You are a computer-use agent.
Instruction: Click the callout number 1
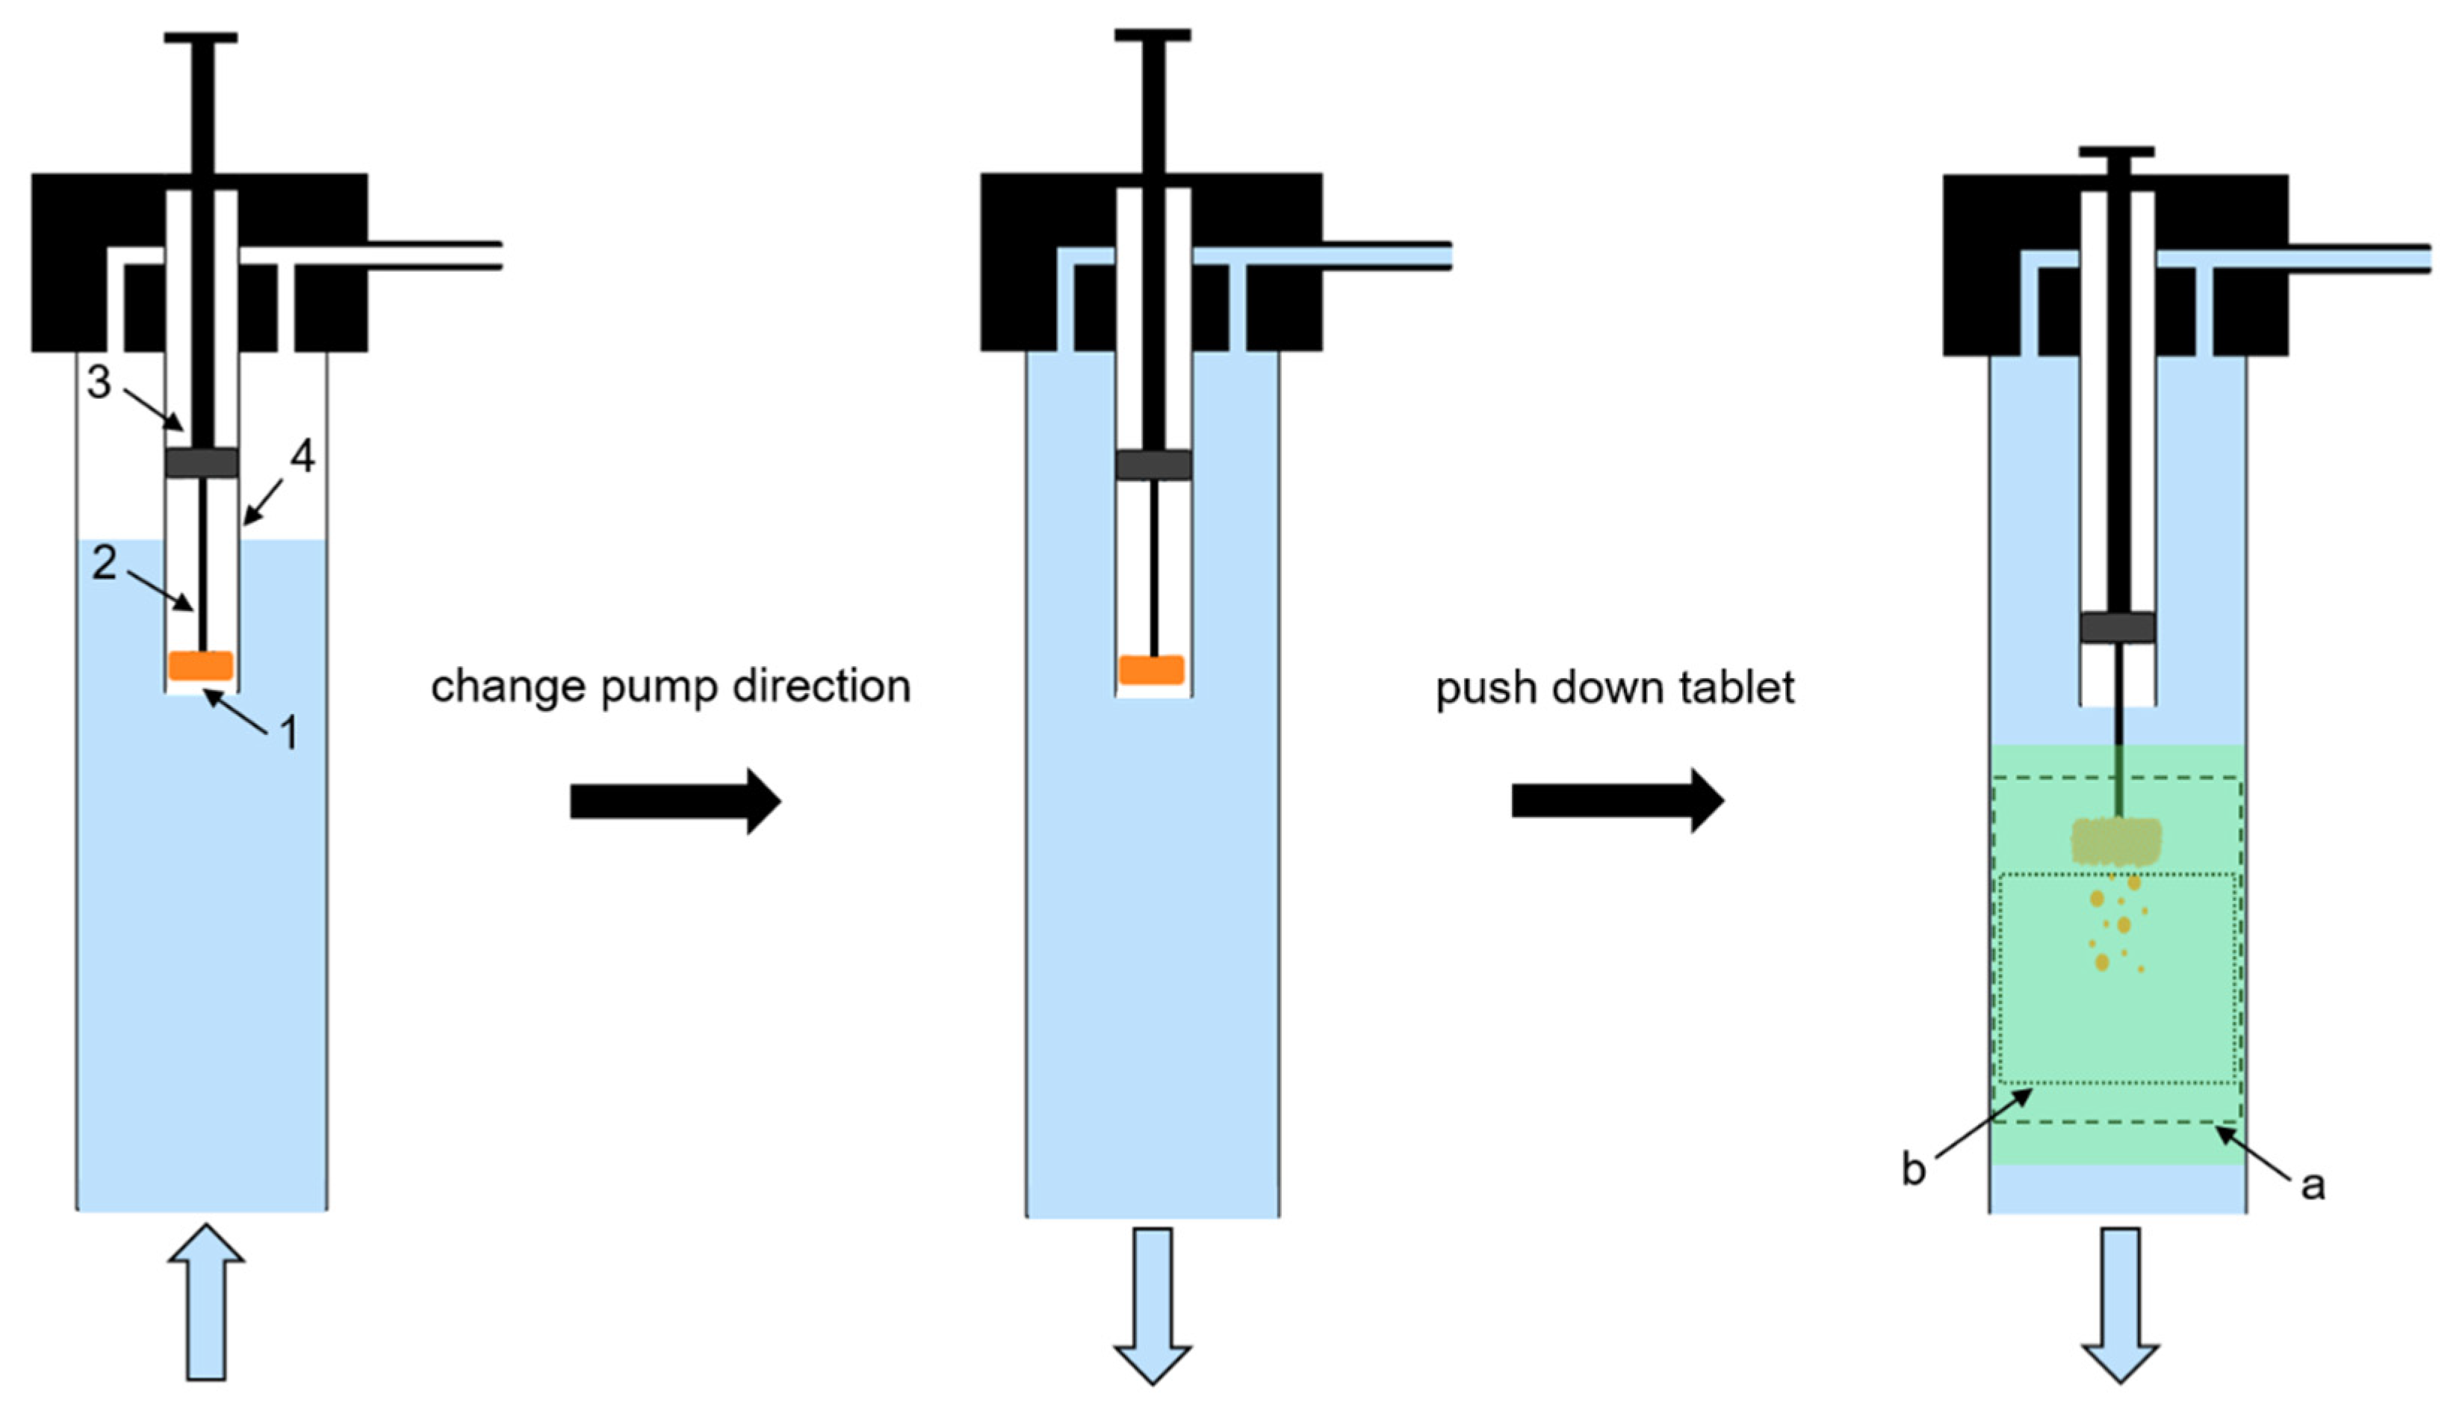(x=288, y=734)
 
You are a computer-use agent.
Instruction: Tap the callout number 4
(x=303, y=456)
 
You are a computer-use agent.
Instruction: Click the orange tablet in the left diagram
(x=201, y=666)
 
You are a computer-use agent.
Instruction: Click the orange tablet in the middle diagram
(x=1151, y=670)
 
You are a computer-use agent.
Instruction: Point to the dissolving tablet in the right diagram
(x=2116, y=841)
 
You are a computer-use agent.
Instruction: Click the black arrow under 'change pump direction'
(x=675, y=801)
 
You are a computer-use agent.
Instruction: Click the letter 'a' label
(x=2313, y=1185)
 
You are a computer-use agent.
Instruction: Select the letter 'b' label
(x=1912, y=1169)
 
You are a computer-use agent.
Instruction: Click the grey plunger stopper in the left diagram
(x=201, y=462)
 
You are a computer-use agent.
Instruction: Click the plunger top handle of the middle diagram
(x=1152, y=36)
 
